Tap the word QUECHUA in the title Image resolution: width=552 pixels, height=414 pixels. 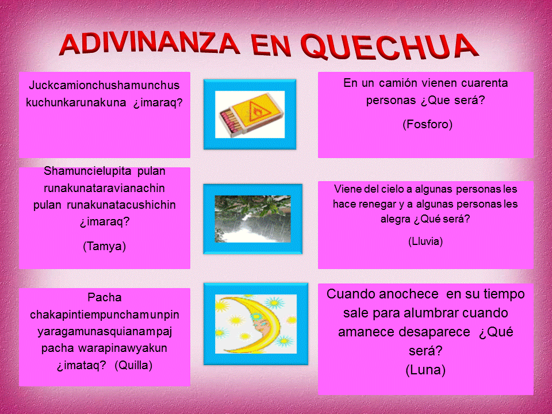[x=390, y=46]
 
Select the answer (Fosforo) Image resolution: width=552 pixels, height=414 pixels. [x=427, y=124]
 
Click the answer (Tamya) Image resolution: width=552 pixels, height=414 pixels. [x=104, y=246]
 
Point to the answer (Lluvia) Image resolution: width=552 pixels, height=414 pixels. [x=425, y=241]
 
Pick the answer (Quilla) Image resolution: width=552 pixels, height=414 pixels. [x=133, y=365]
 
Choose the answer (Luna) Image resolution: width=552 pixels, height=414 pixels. [x=425, y=370]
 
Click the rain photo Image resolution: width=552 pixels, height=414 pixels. [x=253, y=219]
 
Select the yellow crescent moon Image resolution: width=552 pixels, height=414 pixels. [x=248, y=324]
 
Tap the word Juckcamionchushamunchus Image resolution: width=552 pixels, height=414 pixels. [x=104, y=85]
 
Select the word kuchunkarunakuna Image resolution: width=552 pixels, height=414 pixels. [x=76, y=102]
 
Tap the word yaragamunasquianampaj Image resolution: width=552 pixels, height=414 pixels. [x=105, y=331]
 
